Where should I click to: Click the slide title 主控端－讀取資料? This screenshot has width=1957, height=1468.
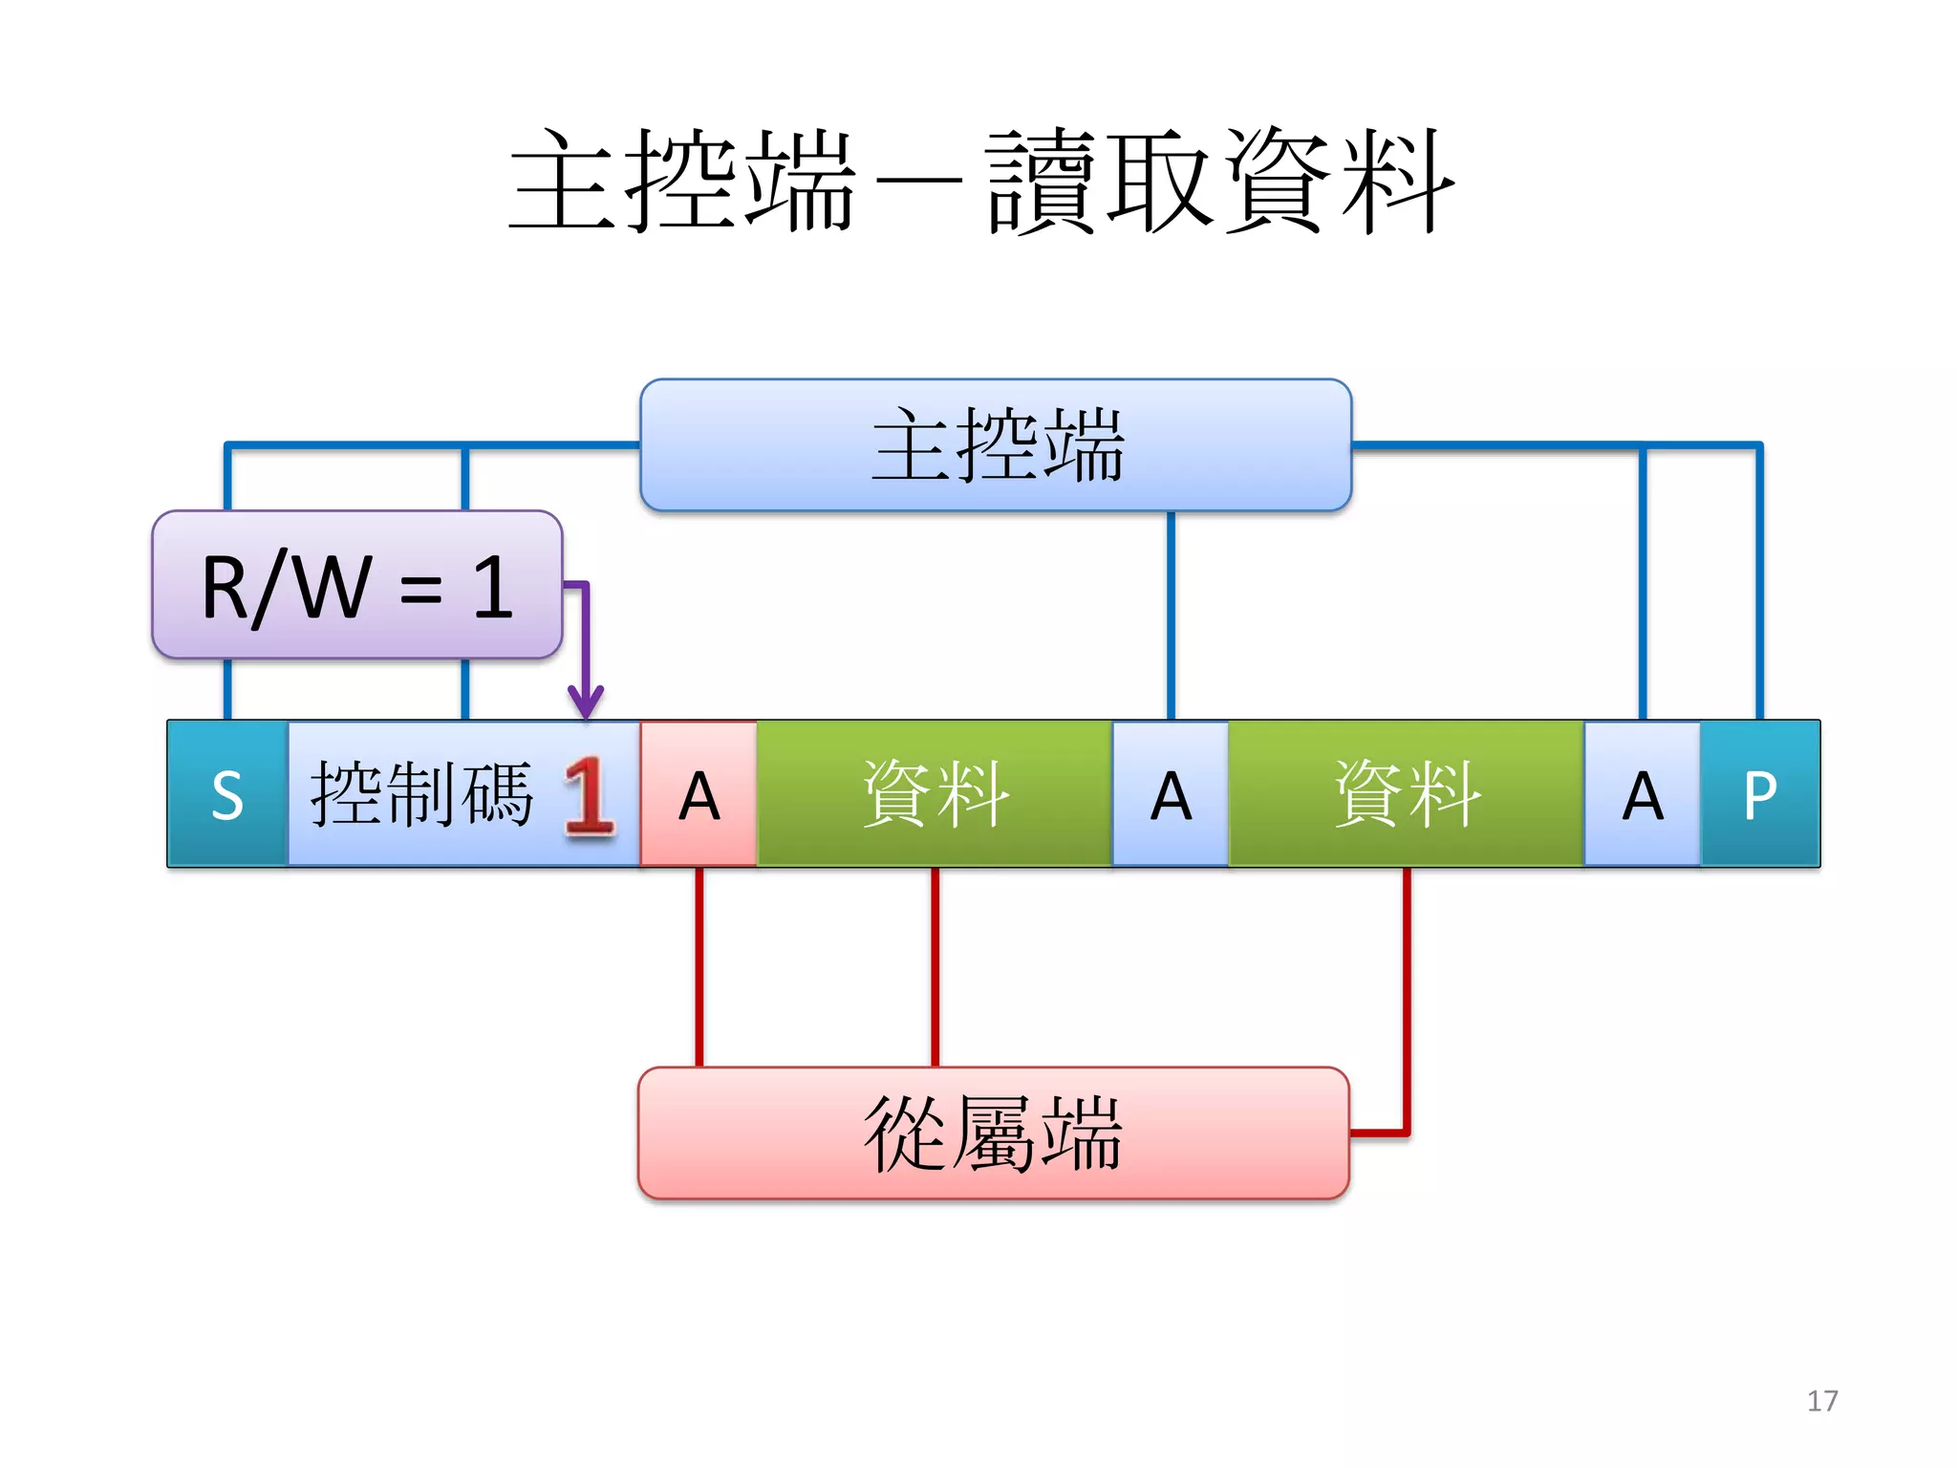[980, 182]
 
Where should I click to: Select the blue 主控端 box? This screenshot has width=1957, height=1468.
[996, 445]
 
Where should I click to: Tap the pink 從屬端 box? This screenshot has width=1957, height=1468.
[994, 1133]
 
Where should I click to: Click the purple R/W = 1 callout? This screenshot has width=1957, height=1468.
[356, 585]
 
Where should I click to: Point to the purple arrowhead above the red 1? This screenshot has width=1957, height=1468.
[586, 702]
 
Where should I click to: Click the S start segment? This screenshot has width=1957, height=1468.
[227, 794]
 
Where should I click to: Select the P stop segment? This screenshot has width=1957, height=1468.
[1760, 794]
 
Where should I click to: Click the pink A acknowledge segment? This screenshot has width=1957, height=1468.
[699, 794]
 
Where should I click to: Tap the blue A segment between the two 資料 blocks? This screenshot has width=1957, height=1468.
[1171, 794]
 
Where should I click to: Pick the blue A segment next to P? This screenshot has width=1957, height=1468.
[1643, 794]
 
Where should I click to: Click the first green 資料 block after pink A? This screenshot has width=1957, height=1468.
[935, 794]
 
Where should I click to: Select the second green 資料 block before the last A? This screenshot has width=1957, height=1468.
[1407, 794]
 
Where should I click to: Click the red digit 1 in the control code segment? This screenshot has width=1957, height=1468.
[588, 796]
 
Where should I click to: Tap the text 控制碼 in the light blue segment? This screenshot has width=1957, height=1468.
[421, 794]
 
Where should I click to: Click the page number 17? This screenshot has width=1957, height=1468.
[1822, 1401]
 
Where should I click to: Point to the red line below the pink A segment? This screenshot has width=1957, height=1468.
[699, 965]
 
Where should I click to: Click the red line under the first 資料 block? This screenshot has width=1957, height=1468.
[935, 965]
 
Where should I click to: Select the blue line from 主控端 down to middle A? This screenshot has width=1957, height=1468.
[1171, 616]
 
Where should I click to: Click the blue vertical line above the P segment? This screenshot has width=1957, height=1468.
[1759, 583]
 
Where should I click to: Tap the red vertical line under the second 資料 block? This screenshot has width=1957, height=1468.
[1407, 994]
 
